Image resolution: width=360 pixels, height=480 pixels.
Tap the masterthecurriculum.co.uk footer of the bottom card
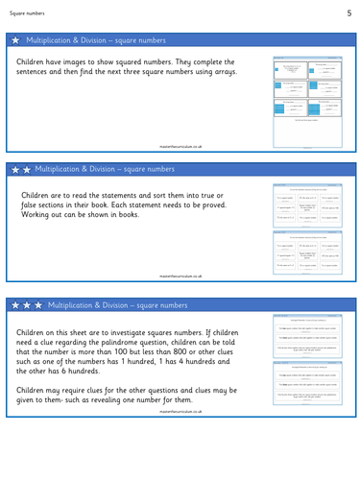[x=180, y=444]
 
